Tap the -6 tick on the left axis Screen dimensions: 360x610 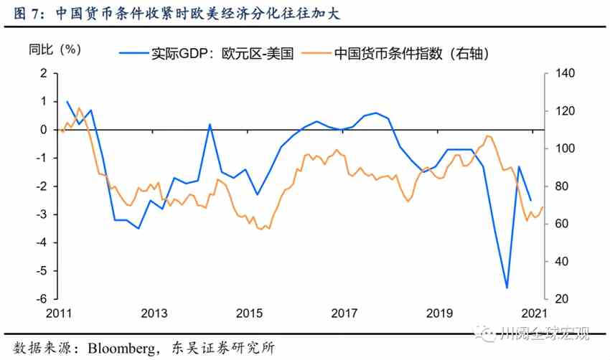click(42, 299)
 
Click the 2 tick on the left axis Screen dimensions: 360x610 click(44, 73)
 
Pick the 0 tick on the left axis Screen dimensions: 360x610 click(44, 130)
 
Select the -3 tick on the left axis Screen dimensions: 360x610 click(42, 214)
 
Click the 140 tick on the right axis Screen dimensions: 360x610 click(556, 73)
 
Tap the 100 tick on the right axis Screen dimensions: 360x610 click(556, 148)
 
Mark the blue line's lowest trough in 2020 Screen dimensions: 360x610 click(507, 288)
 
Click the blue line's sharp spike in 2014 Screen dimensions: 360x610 click(210, 124)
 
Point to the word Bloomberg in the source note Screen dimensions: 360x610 click(123, 348)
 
